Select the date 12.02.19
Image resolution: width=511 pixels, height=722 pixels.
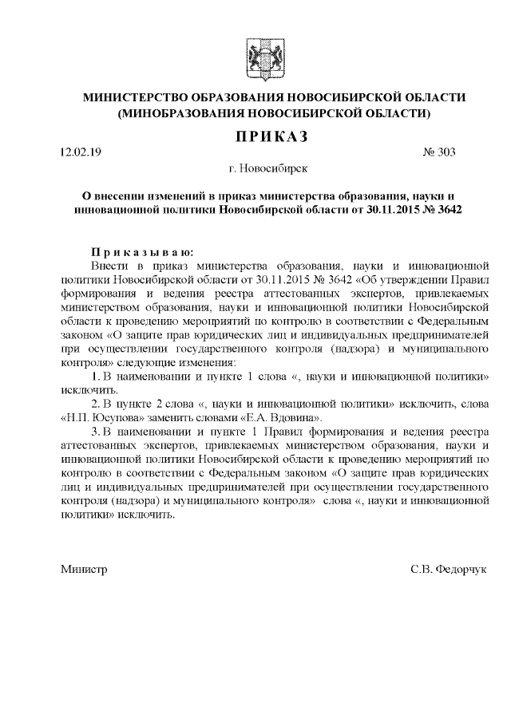coord(81,152)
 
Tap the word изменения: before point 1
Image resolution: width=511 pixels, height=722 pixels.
coord(219,361)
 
